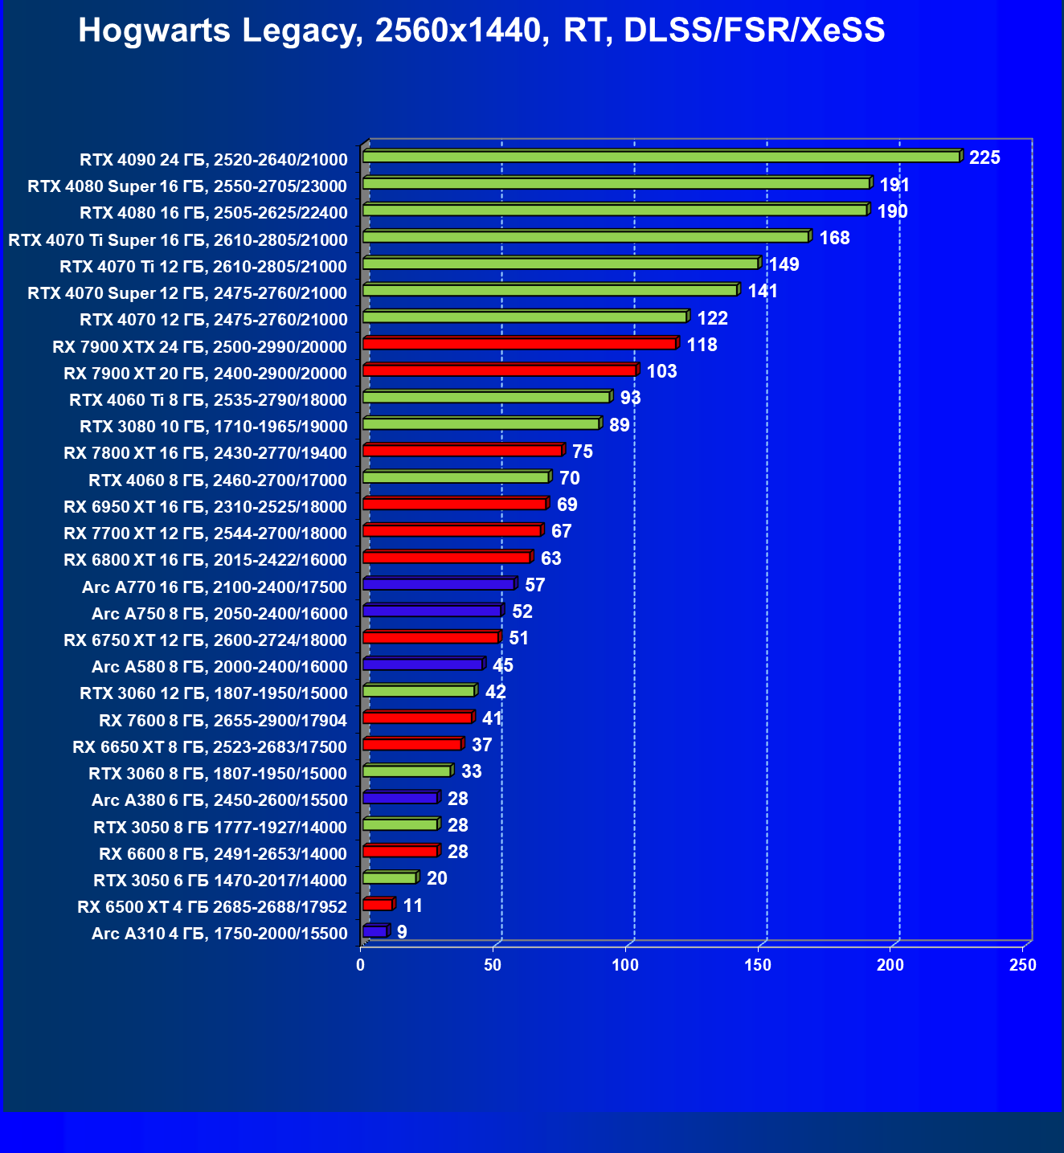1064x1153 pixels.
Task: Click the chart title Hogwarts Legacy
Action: pos(481,31)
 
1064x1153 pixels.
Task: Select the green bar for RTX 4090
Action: pos(661,157)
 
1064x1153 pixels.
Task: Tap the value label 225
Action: pos(984,157)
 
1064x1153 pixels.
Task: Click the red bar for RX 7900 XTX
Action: pos(519,344)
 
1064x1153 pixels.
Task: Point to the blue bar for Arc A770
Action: pos(439,584)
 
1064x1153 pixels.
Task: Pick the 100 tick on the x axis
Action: pos(626,965)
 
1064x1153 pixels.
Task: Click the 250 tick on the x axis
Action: pos(1023,965)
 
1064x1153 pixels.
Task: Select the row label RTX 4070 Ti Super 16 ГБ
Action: pos(178,239)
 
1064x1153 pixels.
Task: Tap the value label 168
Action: pos(834,238)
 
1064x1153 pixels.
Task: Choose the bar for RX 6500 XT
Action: pos(378,905)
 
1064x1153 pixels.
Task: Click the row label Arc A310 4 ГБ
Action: pos(219,933)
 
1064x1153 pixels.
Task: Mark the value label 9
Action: pos(402,932)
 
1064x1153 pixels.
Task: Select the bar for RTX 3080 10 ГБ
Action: pos(481,423)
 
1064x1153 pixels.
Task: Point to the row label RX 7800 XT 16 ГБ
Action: pos(205,453)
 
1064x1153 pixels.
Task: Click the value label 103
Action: pos(661,371)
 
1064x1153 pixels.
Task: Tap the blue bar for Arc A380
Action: pos(400,798)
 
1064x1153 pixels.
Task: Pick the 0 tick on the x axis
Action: pos(361,965)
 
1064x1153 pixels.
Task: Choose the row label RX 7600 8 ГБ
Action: pos(223,720)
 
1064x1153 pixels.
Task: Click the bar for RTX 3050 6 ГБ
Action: pos(390,877)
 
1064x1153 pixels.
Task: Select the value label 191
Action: pos(894,185)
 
